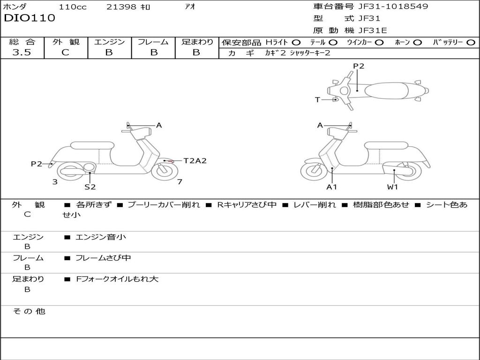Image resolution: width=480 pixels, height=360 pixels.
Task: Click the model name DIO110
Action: [x=30, y=18]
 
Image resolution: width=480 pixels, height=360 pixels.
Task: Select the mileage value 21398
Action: [x=120, y=7]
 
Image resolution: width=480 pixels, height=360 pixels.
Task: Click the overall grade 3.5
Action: [x=22, y=52]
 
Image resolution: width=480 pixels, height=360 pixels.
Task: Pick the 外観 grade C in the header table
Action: [x=65, y=52]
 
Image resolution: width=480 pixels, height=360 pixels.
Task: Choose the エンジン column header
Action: [x=109, y=42]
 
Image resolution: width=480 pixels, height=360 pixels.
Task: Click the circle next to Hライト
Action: [x=296, y=42]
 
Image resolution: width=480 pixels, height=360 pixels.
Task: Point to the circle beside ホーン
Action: [x=417, y=42]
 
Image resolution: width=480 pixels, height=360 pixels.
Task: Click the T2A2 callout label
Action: [x=195, y=161]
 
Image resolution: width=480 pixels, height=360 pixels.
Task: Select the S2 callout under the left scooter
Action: [x=90, y=187]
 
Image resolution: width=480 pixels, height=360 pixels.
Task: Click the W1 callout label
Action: [x=392, y=187]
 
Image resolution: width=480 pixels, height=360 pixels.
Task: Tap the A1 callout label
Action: [x=332, y=187]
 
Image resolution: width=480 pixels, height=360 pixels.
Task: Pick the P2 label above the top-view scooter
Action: [x=359, y=66]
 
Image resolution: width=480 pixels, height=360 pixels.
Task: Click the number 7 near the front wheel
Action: [x=180, y=182]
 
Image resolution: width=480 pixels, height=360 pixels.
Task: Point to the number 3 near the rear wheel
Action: [x=55, y=182]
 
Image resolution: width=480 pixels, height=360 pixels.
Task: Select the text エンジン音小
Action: [x=101, y=237]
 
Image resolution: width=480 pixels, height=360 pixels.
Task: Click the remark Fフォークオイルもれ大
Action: [x=117, y=279]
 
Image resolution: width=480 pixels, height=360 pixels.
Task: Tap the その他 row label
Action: [x=29, y=311]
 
